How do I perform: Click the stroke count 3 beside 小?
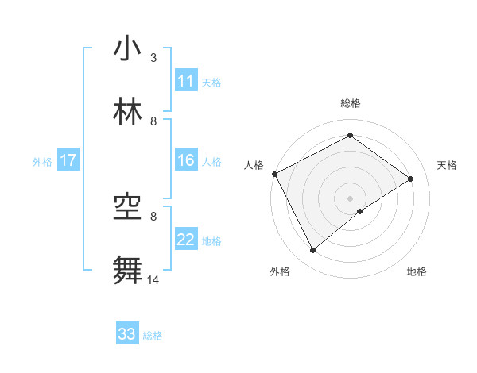tap(153, 57)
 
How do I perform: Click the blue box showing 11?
tap(186, 81)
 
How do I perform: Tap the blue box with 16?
tap(186, 160)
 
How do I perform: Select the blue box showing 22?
tap(186, 240)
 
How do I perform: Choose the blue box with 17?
tap(68, 160)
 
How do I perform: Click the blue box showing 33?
tap(127, 334)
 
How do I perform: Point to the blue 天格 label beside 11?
tap(211, 82)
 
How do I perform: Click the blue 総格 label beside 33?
tap(153, 336)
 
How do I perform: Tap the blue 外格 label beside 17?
tap(42, 161)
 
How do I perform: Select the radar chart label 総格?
tap(351, 103)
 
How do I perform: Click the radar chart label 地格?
tap(417, 271)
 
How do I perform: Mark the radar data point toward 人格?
tap(274, 174)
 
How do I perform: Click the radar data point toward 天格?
tap(411, 179)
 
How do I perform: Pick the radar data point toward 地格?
tap(360, 211)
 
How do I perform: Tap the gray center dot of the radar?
tap(351, 198)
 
